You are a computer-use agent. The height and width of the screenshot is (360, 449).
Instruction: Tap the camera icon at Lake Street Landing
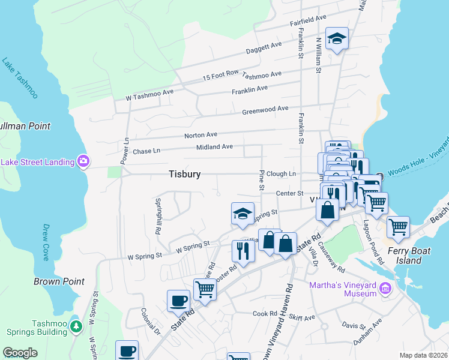(x=83, y=161)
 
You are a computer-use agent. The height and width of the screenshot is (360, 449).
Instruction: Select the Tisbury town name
(x=184, y=174)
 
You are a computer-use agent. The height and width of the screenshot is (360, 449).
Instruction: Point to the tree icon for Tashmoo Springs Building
(x=76, y=326)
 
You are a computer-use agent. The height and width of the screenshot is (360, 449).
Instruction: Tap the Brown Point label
(x=59, y=281)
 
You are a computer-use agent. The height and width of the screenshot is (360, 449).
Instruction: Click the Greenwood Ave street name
(x=265, y=110)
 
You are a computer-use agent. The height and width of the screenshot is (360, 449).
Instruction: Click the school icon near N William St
(x=337, y=39)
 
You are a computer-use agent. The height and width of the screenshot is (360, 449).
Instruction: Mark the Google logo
(x=20, y=353)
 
